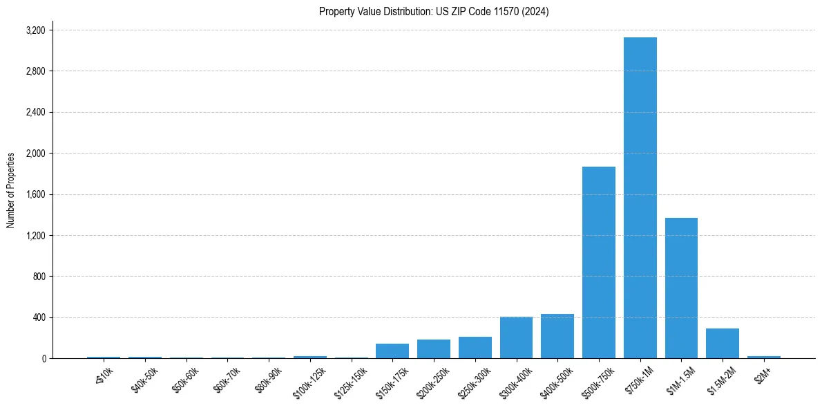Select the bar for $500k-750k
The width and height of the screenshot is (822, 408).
click(x=598, y=263)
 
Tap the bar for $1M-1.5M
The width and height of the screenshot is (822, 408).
click(x=681, y=288)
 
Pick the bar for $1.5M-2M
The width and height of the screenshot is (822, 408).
click(x=723, y=344)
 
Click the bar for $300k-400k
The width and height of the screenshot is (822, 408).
click(x=516, y=337)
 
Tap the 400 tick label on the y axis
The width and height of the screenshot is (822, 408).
click(x=39, y=318)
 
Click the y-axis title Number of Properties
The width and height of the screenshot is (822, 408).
click(x=10, y=190)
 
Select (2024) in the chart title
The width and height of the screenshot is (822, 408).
click(x=537, y=12)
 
